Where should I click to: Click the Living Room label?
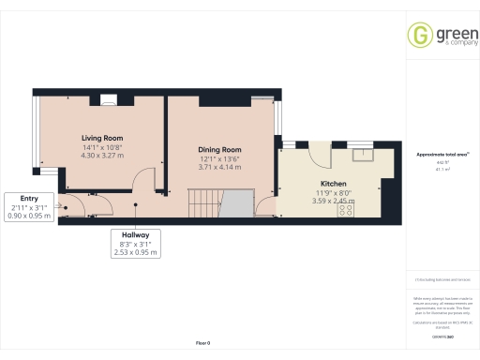103,138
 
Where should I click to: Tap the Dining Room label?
219,149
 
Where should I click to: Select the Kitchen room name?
334,184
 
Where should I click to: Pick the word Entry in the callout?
29,198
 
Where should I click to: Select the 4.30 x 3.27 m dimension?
103,156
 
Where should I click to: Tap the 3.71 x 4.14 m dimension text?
219,167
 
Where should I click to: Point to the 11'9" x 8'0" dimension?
334,192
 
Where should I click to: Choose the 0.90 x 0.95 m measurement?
29,216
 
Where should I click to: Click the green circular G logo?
418,35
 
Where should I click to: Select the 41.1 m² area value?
442,171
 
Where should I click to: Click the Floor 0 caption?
203,343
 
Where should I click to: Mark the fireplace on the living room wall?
110,98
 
